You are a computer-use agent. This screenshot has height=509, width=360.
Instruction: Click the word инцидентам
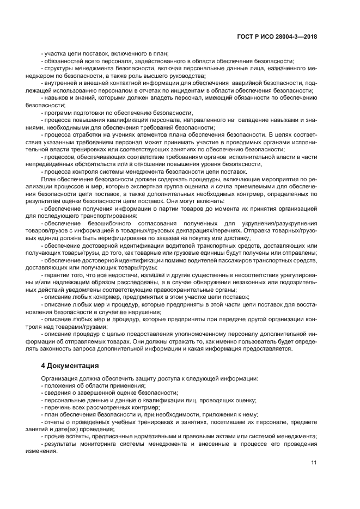point(168,90)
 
